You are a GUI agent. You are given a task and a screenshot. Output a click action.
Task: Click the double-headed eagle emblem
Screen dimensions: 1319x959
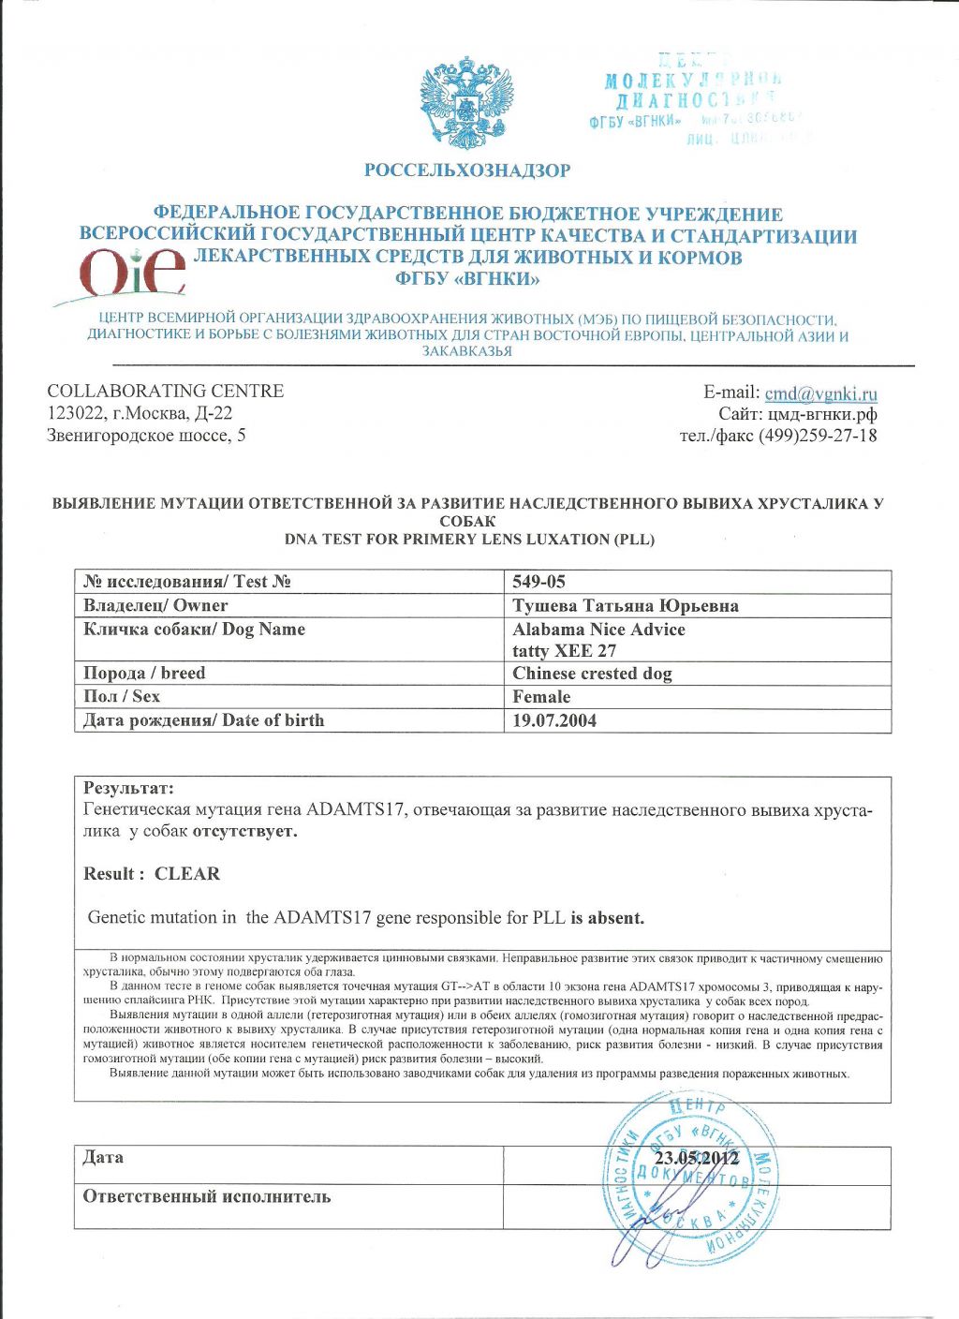point(465,104)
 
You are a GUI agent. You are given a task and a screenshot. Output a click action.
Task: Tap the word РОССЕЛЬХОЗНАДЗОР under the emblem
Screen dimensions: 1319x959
point(466,170)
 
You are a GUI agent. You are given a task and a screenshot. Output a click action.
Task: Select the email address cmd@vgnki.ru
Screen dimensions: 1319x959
point(820,393)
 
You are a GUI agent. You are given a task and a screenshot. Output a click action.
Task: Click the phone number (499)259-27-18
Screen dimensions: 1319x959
point(817,436)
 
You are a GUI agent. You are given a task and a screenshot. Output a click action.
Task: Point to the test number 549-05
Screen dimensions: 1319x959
point(539,582)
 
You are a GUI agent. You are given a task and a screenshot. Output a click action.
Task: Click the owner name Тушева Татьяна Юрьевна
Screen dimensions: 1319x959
point(625,606)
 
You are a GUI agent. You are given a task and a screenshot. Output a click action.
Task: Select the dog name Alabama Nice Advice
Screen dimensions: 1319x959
point(598,630)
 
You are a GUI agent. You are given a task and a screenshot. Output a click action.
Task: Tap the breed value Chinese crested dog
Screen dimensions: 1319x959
point(592,674)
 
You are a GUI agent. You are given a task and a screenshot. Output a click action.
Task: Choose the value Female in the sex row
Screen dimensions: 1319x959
point(541,697)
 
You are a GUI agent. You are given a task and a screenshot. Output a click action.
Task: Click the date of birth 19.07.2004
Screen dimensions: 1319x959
point(554,720)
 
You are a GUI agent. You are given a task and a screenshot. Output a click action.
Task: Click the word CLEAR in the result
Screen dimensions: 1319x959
point(187,874)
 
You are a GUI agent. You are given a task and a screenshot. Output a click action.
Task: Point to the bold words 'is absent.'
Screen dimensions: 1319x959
point(608,918)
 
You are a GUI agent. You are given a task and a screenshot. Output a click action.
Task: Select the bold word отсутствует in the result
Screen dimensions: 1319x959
point(245,832)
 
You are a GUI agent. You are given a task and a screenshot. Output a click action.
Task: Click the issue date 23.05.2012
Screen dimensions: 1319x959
point(698,1159)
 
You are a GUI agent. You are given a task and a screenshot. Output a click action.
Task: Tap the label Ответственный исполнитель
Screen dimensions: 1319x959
point(206,1197)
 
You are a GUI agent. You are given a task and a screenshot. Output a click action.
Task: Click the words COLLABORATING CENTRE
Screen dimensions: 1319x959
point(165,392)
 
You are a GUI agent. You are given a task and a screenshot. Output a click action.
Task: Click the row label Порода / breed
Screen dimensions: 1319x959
point(143,674)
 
